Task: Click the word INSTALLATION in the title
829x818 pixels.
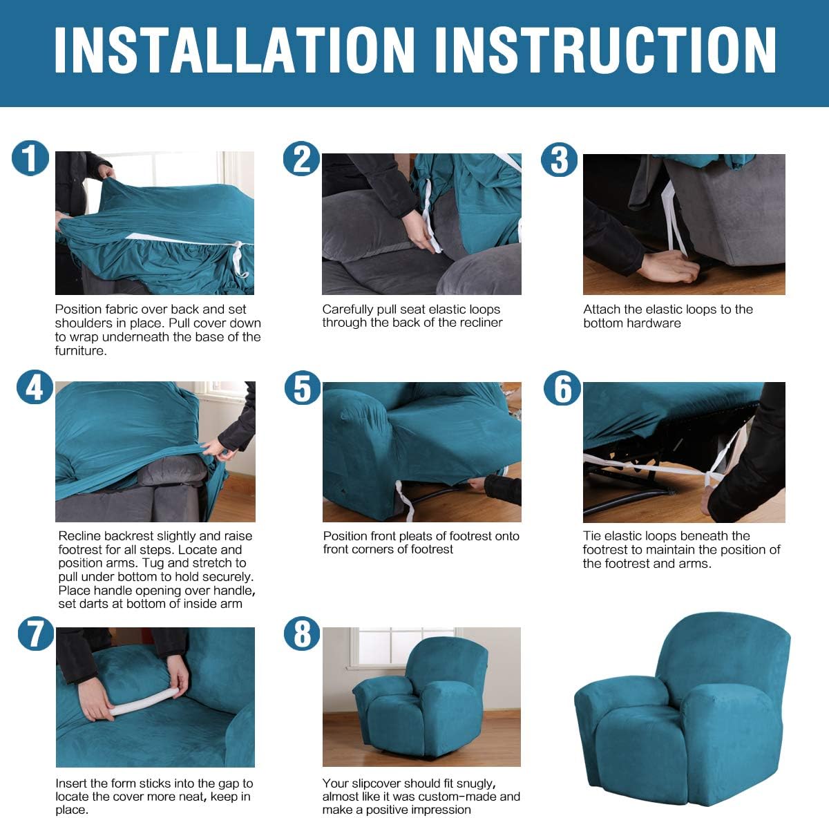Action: pyautogui.click(x=234, y=50)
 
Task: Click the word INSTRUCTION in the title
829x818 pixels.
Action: pyautogui.click(x=605, y=50)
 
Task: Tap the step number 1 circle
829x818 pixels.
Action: pyautogui.click(x=30, y=158)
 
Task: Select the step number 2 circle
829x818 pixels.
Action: pyautogui.click(x=302, y=159)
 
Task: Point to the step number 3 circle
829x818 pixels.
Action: pyautogui.click(x=560, y=160)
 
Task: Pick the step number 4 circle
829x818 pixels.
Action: pyautogui.click(x=35, y=387)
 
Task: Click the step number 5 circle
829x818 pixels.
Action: pyautogui.click(x=303, y=388)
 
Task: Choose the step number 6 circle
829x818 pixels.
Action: pyautogui.click(x=562, y=388)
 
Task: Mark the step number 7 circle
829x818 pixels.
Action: pyautogui.click(x=36, y=634)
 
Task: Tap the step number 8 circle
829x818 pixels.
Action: pyautogui.click(x=302, y=634)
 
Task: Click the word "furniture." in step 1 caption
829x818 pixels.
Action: pyautogui.click(x=80, y=351)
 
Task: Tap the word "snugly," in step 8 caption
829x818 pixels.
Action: pyautogui.click(x=471, y=783)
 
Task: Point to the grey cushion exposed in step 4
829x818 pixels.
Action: pyautogui.click(x=172, y=469)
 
